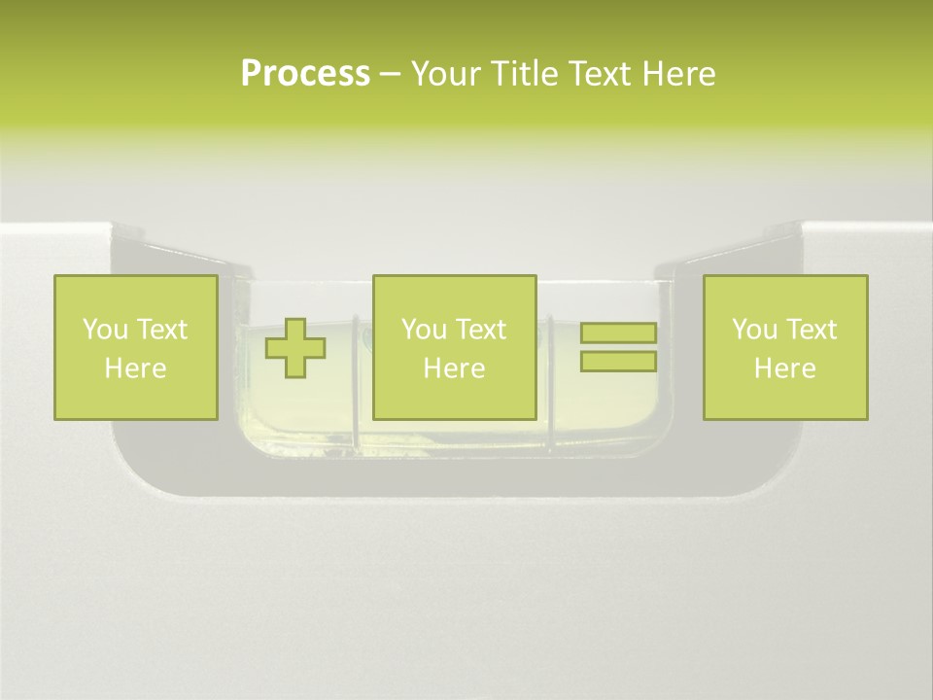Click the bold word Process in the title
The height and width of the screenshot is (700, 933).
point(305,74)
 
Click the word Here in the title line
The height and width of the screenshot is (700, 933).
point(679,74)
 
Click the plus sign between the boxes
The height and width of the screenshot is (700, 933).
point(295,348)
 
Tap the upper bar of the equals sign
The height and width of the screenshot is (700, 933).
point(619,332)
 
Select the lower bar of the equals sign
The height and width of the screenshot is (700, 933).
point(619,362)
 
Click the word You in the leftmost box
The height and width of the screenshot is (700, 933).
point(104,330)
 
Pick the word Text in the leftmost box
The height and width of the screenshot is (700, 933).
point(161,330)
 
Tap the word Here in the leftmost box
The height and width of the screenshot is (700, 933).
point(136,368)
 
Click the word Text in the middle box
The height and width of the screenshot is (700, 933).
point(480,330)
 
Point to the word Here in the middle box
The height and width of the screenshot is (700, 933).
point(455,368)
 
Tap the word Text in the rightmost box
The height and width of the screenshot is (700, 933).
point(811,330)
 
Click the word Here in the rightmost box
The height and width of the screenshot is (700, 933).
point(785,368)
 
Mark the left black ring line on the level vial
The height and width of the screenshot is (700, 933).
point(357,381)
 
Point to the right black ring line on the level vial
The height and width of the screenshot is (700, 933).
point(550,381)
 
